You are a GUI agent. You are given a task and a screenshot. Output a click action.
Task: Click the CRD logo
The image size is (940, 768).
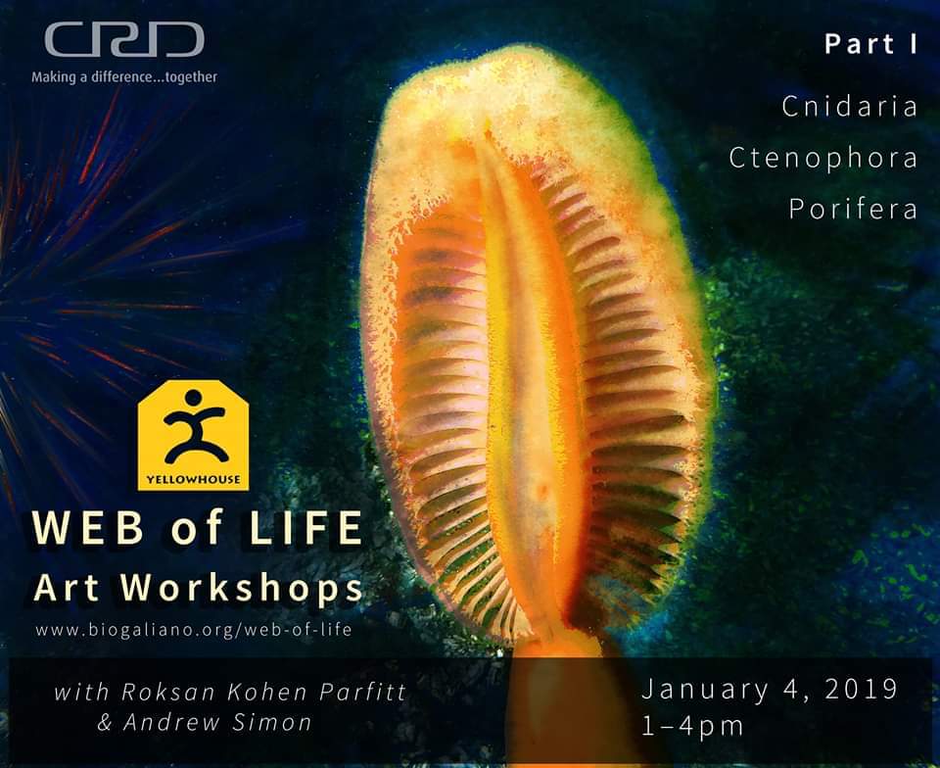pyautogui.click(x=124, y=39)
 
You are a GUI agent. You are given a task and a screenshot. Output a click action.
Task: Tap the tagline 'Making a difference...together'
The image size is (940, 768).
pyautogui.click(x=124, y=77)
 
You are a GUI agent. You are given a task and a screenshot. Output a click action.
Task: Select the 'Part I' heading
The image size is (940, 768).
pyautogui.click(x=870, y=44)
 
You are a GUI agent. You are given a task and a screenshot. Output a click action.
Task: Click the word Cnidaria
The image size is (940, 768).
pyautogui.click(x=850, y=107)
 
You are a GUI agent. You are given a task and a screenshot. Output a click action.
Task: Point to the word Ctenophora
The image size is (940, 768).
pyautogui.click(x=823, y=159)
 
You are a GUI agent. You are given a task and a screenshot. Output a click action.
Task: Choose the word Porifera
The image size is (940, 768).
pyautogui.click(x=853, y=210)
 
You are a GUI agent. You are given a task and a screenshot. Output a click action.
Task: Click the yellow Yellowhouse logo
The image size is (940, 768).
pyautogui.click(x=193, y=435)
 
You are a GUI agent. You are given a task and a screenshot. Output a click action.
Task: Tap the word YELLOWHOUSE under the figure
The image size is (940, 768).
pyautogui.click(x=193, y=480)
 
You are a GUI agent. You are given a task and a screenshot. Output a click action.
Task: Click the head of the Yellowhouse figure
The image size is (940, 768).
pyautogui.click(x=193, y=398)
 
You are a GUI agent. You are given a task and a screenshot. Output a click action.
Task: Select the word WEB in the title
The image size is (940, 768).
pyautogui.click(x=89, y=528)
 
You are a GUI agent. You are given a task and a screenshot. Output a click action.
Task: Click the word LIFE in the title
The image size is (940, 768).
pyautogui.click(x=305, y=528)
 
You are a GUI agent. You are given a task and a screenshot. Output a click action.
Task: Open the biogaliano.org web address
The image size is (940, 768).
pyautogui.click(x=194, y=630)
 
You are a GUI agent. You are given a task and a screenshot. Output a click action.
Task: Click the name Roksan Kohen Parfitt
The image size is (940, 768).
pyautogui.click(x=263, y=692)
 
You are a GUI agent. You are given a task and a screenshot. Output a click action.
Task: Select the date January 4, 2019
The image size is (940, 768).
pyautogui.click(x=770, y=690)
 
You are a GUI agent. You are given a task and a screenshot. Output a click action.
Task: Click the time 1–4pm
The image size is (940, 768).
pyautogui.click(x=692, y=726)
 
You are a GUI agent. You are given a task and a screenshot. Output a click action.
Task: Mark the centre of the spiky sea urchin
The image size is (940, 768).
pyautogui.click(x=6, y=312)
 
